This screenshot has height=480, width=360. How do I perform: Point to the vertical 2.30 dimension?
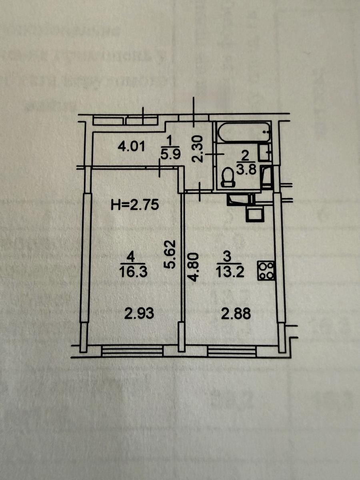click(199, 148)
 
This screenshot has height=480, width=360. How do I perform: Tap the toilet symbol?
click(228, 177)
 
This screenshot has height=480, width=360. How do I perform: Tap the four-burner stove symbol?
click(266, 270)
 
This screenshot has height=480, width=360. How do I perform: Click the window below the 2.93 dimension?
click(132, 350)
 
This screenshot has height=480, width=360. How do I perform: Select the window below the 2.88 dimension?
click(232, 350)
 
